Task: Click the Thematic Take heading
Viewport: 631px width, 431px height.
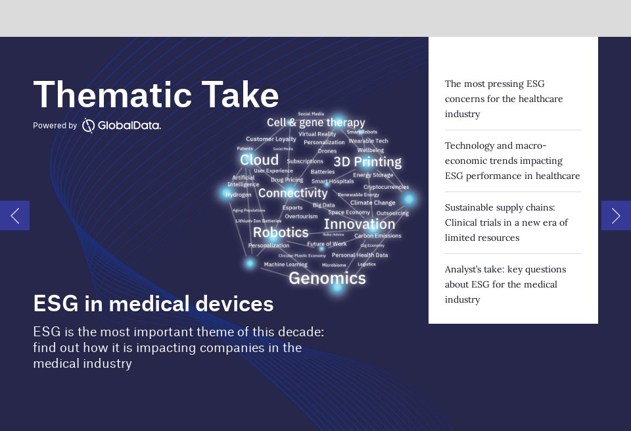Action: [156, 95]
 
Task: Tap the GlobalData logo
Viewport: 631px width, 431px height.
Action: [122, 125]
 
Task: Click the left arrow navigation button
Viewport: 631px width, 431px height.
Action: [14, 215]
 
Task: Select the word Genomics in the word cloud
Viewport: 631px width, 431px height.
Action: [327, 278]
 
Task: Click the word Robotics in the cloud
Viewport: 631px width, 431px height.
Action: [281, 232]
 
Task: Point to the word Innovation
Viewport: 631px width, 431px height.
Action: [359, 224]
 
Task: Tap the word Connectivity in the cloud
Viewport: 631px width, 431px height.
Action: [292, 193]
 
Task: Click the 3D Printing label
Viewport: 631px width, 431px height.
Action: [367, 162]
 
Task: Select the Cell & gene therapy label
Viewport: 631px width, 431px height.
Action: [315, 122]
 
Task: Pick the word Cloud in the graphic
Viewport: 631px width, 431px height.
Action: [259, 160]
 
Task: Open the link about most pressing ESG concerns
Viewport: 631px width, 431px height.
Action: [503, 99]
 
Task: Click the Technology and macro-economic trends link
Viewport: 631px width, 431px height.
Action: [512, 161]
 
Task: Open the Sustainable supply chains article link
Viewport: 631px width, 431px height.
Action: [506, 222]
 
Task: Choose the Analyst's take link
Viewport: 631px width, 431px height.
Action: [505, 284]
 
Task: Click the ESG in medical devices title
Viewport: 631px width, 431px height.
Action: [153, 303]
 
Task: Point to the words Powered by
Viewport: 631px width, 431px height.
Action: [55, 126]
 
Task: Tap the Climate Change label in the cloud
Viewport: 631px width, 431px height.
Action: [373, 203]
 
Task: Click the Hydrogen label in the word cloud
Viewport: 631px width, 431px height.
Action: [239, 195]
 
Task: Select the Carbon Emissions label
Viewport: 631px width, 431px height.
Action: [377, 236]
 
